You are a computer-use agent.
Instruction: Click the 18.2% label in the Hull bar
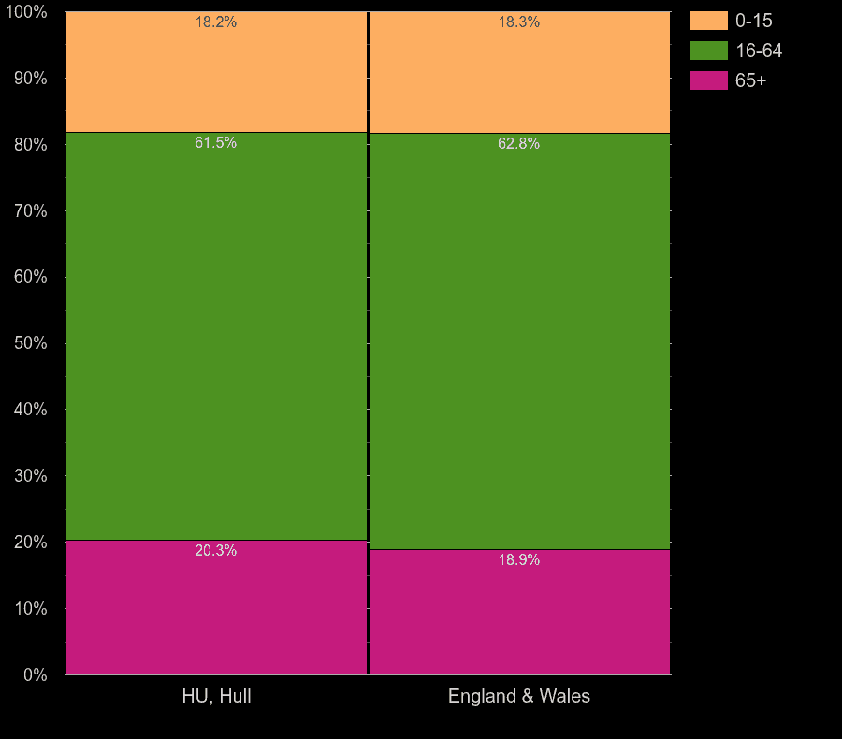(216, 22)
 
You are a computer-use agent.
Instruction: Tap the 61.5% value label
(216, 143)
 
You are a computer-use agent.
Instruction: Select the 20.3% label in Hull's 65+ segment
(216, 551)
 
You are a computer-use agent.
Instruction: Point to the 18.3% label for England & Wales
(519, 22)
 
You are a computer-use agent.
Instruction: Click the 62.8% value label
(519, 144)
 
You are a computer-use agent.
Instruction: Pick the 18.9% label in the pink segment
(519, 560)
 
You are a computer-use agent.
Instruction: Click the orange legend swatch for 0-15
(708, 21)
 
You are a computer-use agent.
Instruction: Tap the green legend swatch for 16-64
(708, 51)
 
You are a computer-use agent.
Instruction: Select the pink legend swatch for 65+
(708, 80)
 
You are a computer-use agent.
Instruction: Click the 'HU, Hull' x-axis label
(216, 696)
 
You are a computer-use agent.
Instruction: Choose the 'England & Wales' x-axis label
(519, 696)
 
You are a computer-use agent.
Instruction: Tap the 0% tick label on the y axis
(34, 674)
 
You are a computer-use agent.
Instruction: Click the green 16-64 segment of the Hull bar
(216, 337)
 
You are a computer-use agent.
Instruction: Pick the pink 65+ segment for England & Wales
(519, 617)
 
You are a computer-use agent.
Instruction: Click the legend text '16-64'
(759, 51)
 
